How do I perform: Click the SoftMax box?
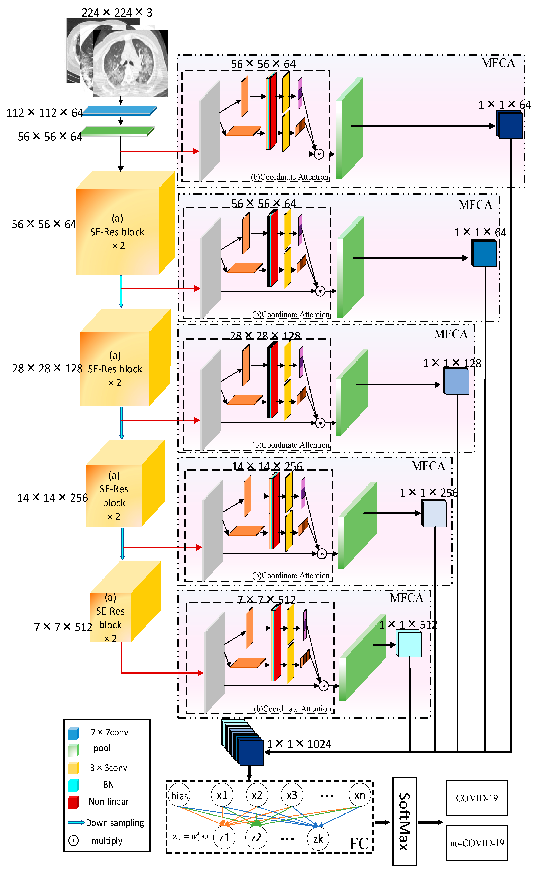click(x=405, y=821)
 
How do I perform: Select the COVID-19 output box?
click(x=476, y=798)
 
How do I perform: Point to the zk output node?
click(x=318, y=839)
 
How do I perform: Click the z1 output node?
click(x=224, y=838)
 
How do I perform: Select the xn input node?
click(x=360, y=795)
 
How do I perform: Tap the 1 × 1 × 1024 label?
click(x=299, y=744)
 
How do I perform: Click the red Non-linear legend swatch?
click(x=73, y=801)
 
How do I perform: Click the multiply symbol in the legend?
click(x=73, y=840)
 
